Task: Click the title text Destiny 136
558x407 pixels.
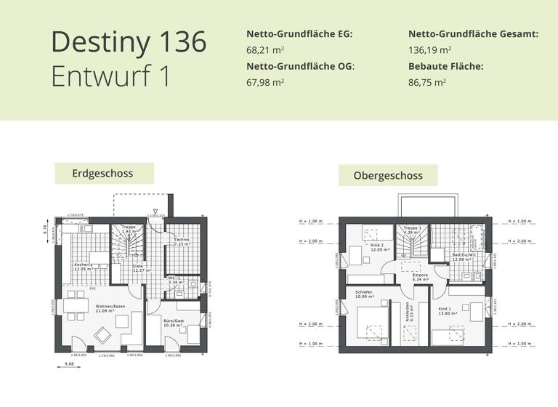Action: (129, 42)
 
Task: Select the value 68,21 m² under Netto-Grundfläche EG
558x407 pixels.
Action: (266, 51)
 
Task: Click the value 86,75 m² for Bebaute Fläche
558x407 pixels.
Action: (427, 83)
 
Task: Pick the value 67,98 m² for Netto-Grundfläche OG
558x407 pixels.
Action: (266, 83)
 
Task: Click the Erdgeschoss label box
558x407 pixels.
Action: (103, 174)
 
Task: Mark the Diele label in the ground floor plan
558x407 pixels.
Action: (138, 267)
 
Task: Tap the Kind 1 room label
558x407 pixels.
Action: (446, 309)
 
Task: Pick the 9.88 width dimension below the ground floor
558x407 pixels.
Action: (70, 363)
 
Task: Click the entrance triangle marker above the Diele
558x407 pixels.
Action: (155, 209)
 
